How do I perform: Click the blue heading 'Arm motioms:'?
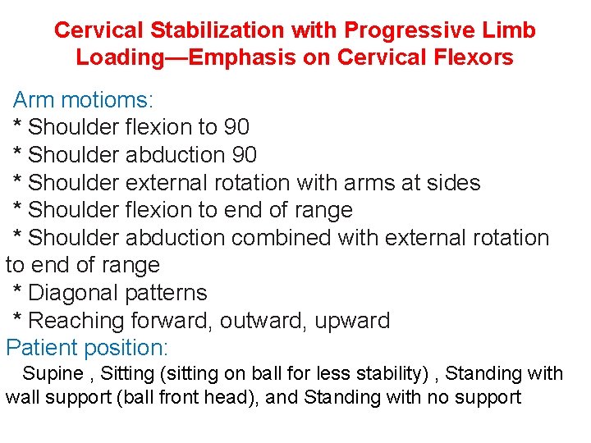(83, 100)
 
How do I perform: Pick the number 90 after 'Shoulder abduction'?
(244, 155)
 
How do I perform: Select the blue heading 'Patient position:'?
(87, 347)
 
